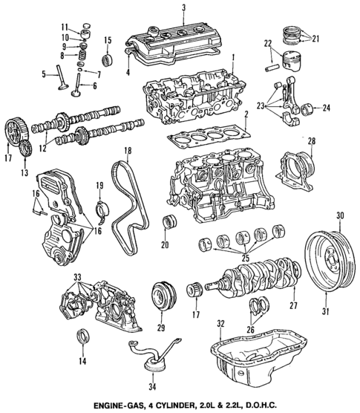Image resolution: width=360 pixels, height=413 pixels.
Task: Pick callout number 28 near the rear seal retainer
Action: pos(312,140)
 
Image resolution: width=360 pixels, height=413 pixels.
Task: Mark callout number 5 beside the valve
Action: pos(45,73)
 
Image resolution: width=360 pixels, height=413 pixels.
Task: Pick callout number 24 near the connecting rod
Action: pos(324,110)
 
